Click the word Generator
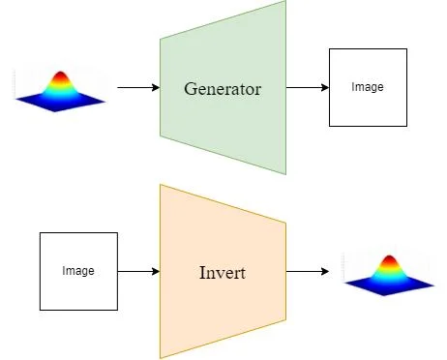click(x=223, y=89)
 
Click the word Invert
click(x=222, y=272)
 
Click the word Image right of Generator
click(x=368, y=87)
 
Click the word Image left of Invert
click(x=78, y=271)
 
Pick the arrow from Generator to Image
click(x=308, y=88)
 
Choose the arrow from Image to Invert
click(x=138, y=271)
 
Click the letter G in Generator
click(x=191, y=89)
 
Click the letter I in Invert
click(x=200, y=272)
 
